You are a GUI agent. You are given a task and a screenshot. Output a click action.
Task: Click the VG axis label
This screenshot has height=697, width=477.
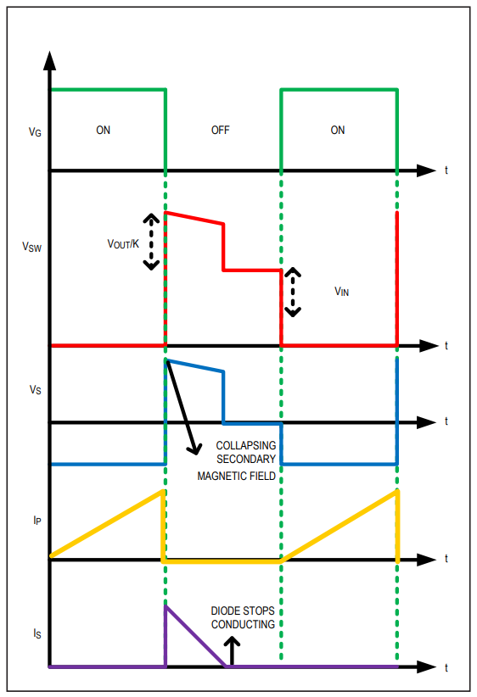[x=35, y=132]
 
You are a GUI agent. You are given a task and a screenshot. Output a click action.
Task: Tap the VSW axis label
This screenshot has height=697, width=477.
[x=31, y=247]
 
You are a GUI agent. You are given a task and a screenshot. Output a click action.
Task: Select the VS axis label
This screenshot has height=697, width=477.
[x=35, y=390]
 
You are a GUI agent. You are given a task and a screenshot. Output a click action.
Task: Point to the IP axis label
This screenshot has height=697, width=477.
[x=37, y=520]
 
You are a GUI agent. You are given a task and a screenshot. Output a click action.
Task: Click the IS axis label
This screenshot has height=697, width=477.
[x=37, y=633]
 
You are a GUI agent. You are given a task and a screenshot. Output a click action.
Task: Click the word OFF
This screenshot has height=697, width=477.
[x=221, y=130]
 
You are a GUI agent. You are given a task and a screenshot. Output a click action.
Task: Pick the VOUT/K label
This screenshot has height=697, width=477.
[x=123, y=243]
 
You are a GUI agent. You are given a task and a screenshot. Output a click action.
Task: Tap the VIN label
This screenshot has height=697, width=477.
[x=341, y=291]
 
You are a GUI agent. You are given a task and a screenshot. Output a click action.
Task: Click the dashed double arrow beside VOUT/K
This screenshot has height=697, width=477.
[x=151, y=242]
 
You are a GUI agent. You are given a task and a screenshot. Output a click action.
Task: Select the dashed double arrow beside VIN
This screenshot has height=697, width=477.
[x=292, y=292]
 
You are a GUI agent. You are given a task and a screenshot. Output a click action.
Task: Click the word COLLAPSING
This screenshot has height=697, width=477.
[x=245, y=445]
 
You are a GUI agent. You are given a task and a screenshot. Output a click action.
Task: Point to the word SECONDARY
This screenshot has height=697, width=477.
[x=246, y=459]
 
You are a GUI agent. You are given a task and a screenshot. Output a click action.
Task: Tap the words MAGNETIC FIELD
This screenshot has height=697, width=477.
[x=236, y=476]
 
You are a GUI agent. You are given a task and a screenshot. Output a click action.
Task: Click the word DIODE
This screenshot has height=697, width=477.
[x=224, y=611]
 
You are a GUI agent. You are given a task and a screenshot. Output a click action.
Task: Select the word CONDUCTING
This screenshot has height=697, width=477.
[x=243, y=624]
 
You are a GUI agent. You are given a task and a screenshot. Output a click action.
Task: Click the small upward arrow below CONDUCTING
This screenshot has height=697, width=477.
[x=232, y=651]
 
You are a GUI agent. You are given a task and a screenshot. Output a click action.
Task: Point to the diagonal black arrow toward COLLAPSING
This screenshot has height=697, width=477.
[x=182, y=408]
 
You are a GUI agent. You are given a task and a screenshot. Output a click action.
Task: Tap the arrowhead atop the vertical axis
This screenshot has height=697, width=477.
[x=50, y=61]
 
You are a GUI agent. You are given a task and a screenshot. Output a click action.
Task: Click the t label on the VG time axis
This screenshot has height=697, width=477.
[x=446, y=170]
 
